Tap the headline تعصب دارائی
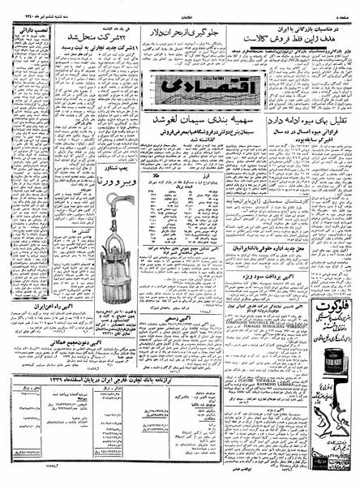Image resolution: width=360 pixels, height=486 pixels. [x=25, y=33]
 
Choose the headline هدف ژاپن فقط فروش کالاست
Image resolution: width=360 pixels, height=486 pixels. [x=291, y=37]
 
